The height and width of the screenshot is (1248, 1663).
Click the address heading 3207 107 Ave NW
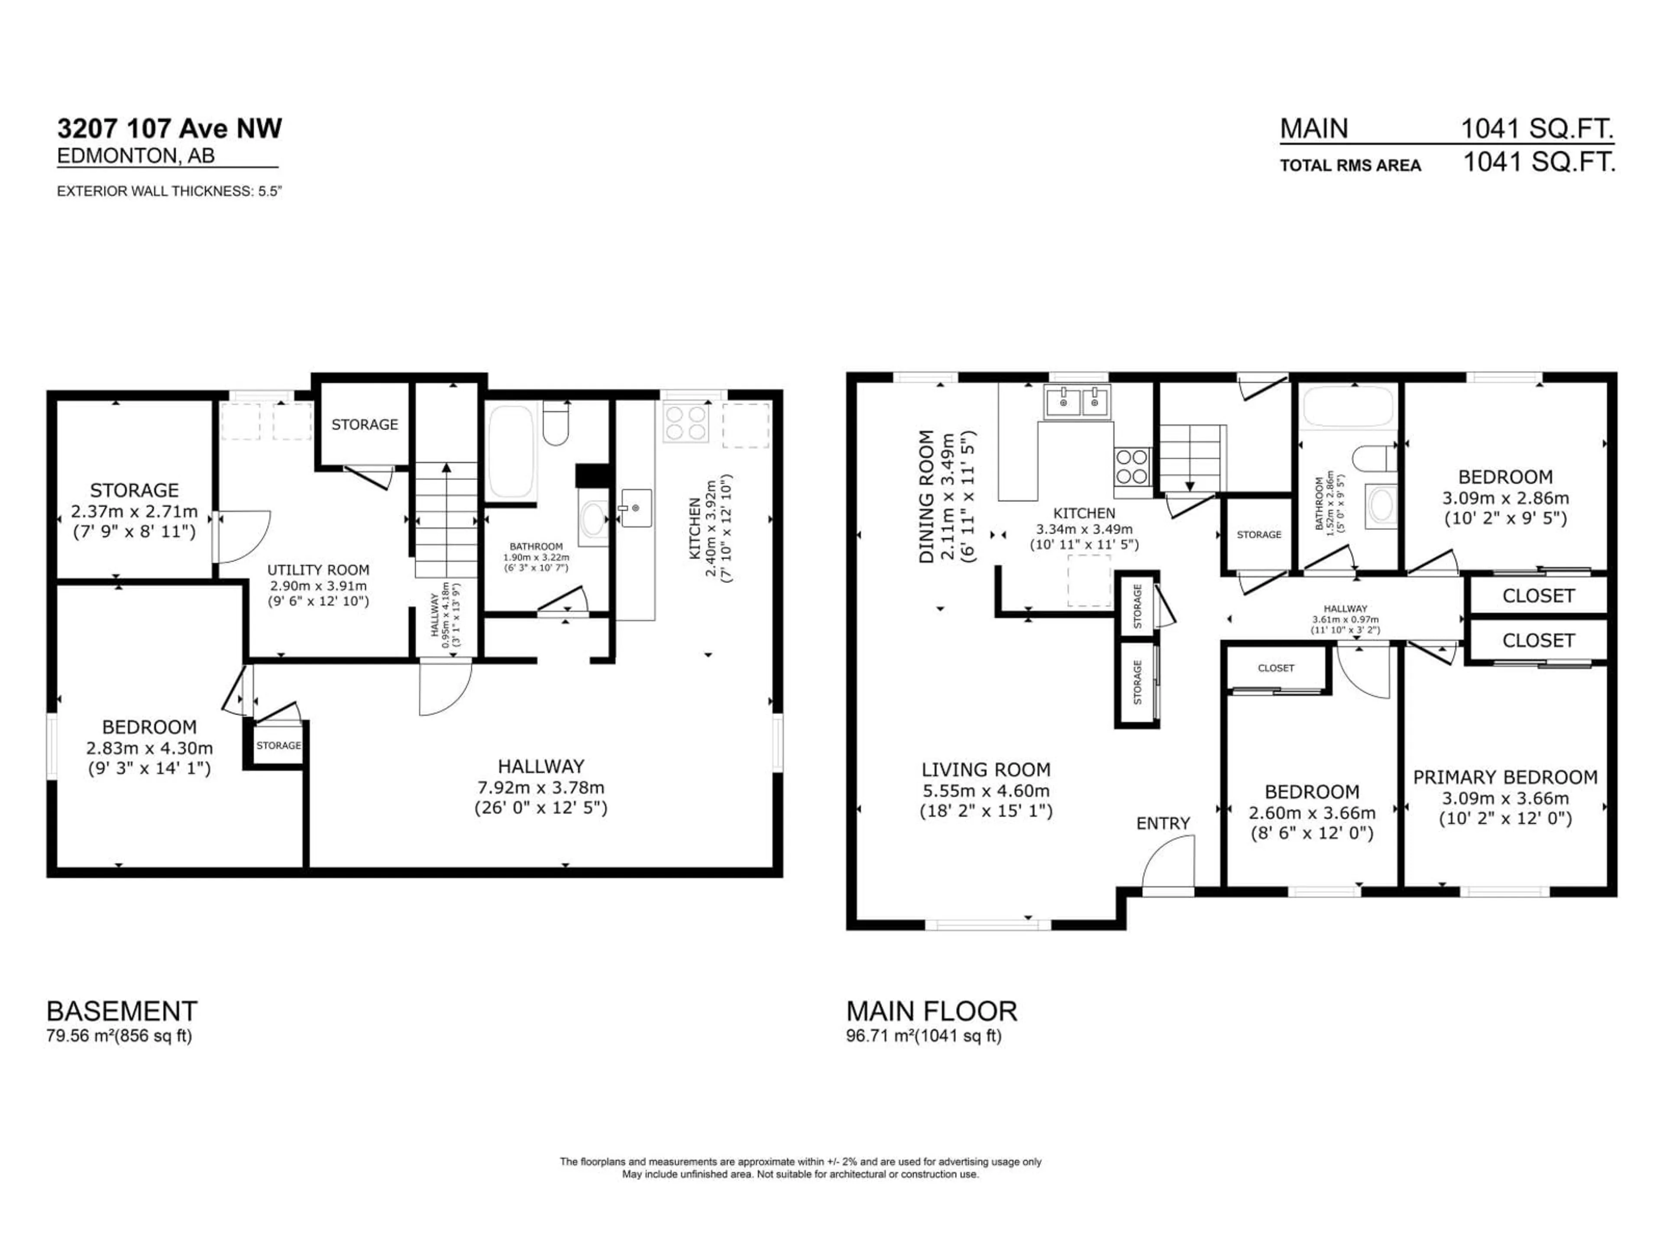169,129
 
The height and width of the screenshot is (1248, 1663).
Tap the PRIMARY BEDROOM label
1505,777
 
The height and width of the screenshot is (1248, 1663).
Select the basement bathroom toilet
556,424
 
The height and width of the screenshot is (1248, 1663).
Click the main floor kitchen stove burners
1132,466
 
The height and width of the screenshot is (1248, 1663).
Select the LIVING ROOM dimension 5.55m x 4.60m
986,791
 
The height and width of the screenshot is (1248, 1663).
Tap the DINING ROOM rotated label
926,497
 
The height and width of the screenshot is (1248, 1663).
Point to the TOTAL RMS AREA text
1350,166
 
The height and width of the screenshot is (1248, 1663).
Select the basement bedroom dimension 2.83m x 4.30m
149,748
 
